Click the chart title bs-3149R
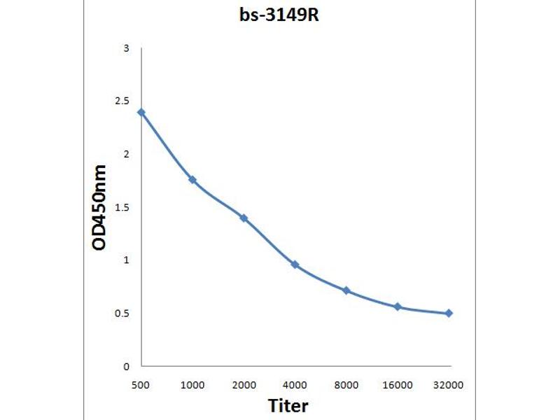[x=279, y=15]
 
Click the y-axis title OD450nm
[x=100, y=207]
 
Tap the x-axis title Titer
[x=288, y=405]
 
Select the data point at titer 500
[x=141, y=112]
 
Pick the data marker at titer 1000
[x=192, y=180]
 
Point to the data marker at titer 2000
[x=244, y=218]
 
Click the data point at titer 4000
[x=295, y=265]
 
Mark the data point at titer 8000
[x=346, y=290]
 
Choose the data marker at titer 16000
[x=397, y=307]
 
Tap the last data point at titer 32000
[x=448, y=313]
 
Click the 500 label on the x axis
[x=141, y=385]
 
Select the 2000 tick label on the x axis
[x=244, y=385]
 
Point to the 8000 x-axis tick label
[x=346, y=385]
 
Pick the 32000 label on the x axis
[x=448, y=385]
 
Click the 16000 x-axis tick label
[x=397, y=385]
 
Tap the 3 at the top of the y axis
[x=126, y=48]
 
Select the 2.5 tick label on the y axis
[x=122, y=101]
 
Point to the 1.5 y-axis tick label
[x=122, y=207]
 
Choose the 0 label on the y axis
[x=126, y=366]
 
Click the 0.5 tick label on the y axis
[x=122, y=313]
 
